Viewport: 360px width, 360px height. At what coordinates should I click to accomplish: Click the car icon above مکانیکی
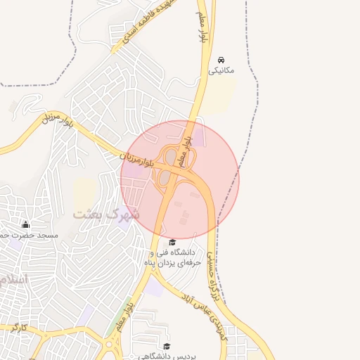pyautogui.click(x=221, y=60)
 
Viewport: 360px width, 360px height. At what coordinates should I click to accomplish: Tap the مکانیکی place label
pyautogui.click(x=223, y=71)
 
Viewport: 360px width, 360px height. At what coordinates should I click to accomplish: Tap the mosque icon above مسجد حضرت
pyautogui.click(x=26, y=224)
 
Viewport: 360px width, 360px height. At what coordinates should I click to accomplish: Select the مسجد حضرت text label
pyautogui.click(x=35, y=235)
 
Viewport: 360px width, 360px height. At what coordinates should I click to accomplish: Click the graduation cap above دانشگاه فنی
pyautogui.click(x=172, y=242)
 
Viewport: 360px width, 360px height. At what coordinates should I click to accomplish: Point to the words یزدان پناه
pyautogui.click(x=176, y=262)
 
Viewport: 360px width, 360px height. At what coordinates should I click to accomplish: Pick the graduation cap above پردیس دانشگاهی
pyautogui.click(x=167, y=346)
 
